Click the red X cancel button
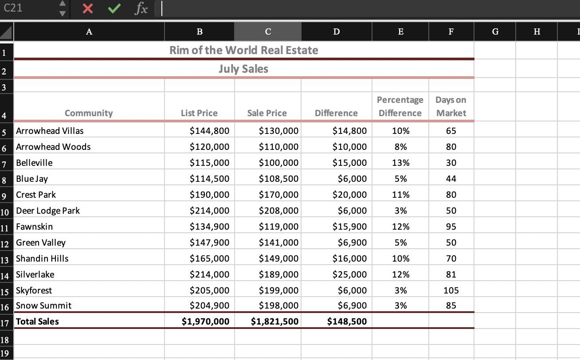[88, 8]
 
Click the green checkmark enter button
[114, 8]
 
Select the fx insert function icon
[141, 8]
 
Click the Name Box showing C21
[27, 8]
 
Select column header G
[495, 31]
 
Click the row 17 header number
[5, 322]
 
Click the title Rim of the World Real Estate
[243, 50]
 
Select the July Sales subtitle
[243, 69]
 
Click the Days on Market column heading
[451, 106]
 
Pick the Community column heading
[89, 113]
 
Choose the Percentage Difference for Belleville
[400, 163]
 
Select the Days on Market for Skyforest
[451, 290]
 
